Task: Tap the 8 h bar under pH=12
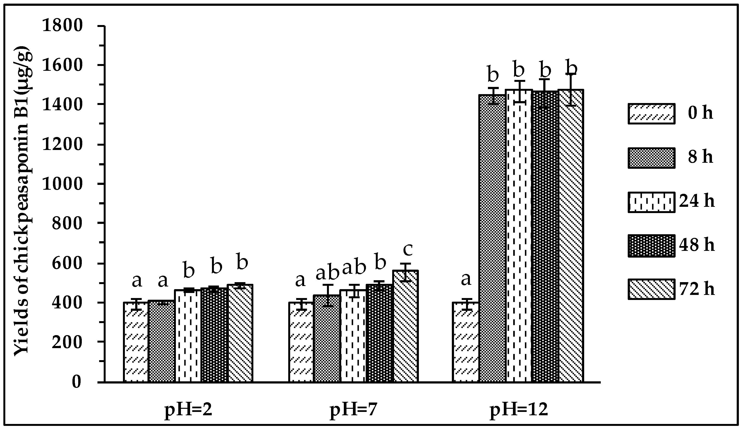coord(492,239)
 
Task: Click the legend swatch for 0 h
coord(651,114)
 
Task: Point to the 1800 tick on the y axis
coord(62,26)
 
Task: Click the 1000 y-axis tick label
coord(62,184)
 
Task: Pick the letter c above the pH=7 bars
coord(408,249)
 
